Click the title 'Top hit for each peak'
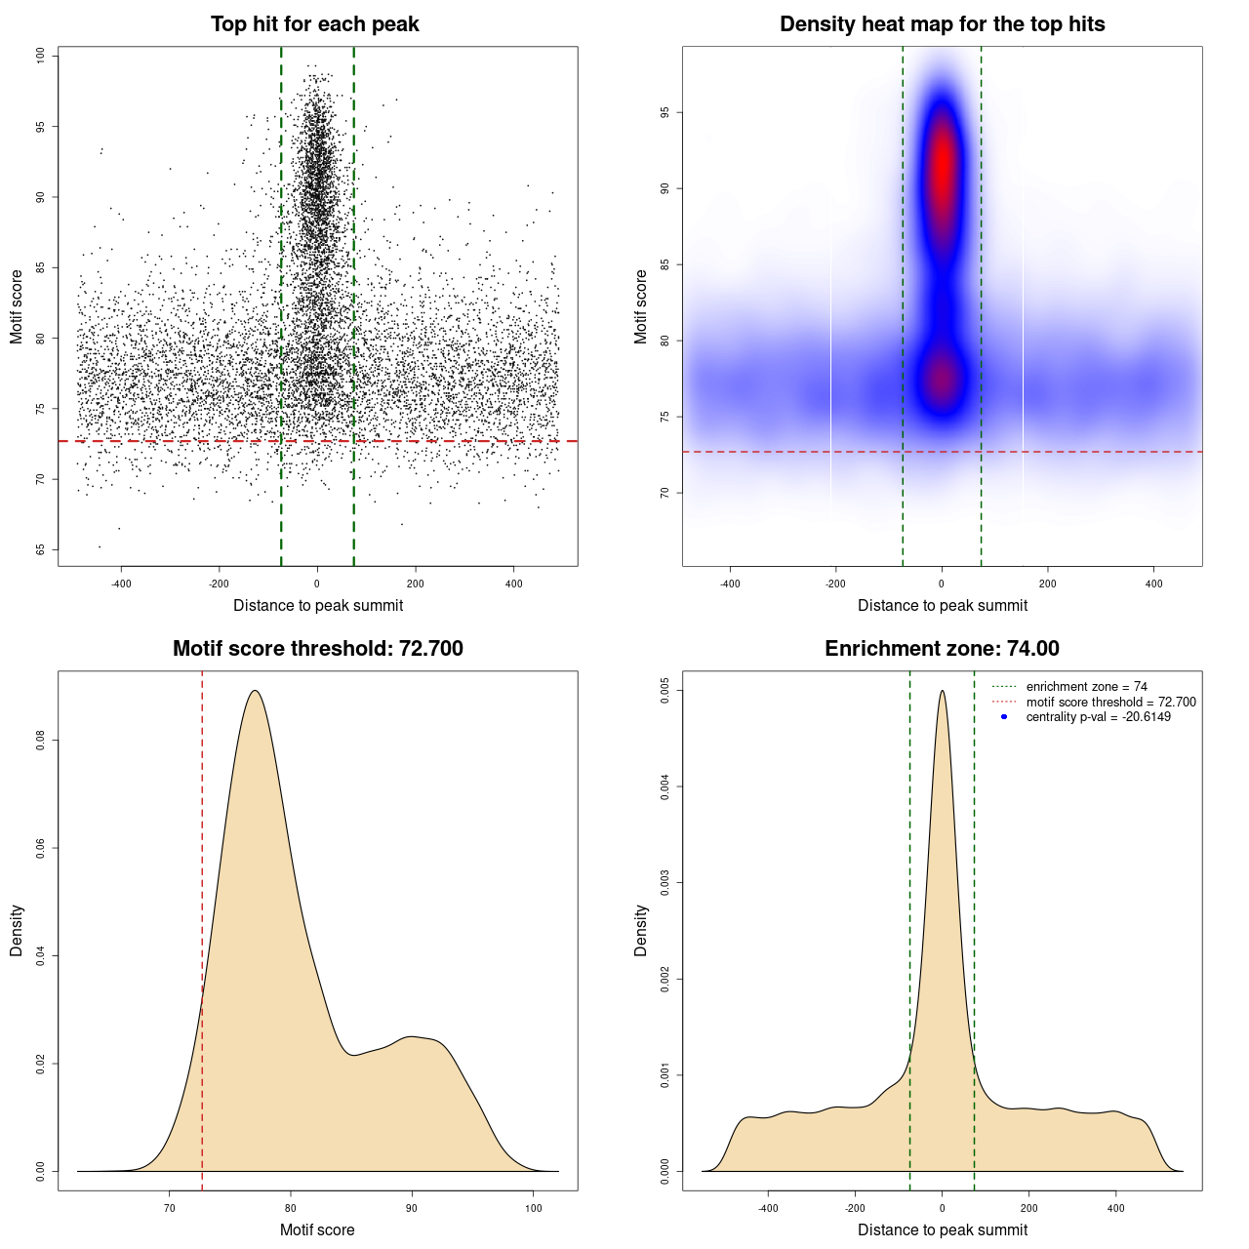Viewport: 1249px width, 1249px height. (x=314, y=24)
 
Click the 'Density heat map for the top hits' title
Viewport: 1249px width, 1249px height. (x=942, y=24)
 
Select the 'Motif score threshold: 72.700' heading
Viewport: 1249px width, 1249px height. (x=317, y=649)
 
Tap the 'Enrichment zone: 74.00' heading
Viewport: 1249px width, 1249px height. (x=942, y=649)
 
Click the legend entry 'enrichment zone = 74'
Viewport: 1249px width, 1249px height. (x=1086, y=687)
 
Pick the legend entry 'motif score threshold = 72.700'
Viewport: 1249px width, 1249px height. (x=1110, y=702)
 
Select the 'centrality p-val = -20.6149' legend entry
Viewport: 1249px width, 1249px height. (x=1098, y=717)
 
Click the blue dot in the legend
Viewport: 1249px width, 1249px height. (x=1004, y=717)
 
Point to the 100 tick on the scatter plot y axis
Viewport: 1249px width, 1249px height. (x=41, y=56)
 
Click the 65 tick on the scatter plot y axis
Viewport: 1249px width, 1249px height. (x=41, y=549)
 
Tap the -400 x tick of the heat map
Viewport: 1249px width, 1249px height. (x=730, y=584)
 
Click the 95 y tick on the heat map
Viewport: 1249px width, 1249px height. (x=665, y=113)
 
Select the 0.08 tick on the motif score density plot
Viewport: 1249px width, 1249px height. (x=41, y=741)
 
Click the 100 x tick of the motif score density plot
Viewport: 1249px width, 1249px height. (x=533, y=1208)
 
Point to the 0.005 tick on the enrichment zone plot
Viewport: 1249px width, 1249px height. (x=665, y=691)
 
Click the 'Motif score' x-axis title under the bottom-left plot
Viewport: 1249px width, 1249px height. (x=317, y=1229)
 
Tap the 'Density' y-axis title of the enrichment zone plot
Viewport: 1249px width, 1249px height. (x=641, y=930)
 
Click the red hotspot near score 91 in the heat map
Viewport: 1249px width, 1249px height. (x=942, y=166)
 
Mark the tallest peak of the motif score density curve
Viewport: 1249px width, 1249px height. (x=255, y=691)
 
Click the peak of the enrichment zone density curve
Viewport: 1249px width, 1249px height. (x=942, y=691)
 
